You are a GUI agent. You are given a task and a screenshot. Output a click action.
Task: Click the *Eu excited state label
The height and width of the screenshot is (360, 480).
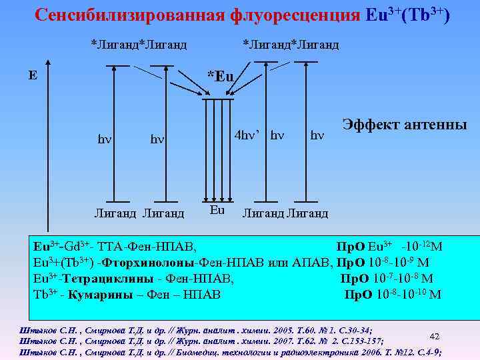click(x=220, y=76)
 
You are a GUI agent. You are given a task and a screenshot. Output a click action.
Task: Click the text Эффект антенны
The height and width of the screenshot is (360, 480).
click(x=405, y=125)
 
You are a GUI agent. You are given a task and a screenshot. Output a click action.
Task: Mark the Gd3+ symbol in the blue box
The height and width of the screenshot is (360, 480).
click(x=79, y=247)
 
